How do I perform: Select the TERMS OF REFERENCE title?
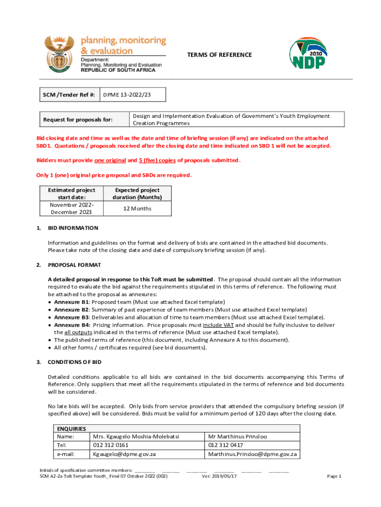[x=219, y=55]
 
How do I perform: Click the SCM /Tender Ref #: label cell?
[x=69, y=95]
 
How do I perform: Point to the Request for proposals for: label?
[x=78, y=119]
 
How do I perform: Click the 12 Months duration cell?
[x=137, y=208]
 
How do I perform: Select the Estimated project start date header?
[x=71, y=194]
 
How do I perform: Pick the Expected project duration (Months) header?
[x=137, y=194]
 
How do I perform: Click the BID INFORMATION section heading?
[x=73, y=228]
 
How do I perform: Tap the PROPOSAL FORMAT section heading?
[x=74, y=265]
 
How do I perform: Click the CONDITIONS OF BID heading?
[x=74, y=362]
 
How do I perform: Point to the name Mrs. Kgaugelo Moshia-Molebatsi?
[x=136, y=437]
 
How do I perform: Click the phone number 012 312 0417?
[x=225, y=445]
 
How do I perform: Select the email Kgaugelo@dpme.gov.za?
[x=124, y=454]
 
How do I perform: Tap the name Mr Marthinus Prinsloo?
[x=238, y=437]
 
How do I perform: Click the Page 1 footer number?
[x=334, y=476]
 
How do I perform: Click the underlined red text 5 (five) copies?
[x=157, y=160]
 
